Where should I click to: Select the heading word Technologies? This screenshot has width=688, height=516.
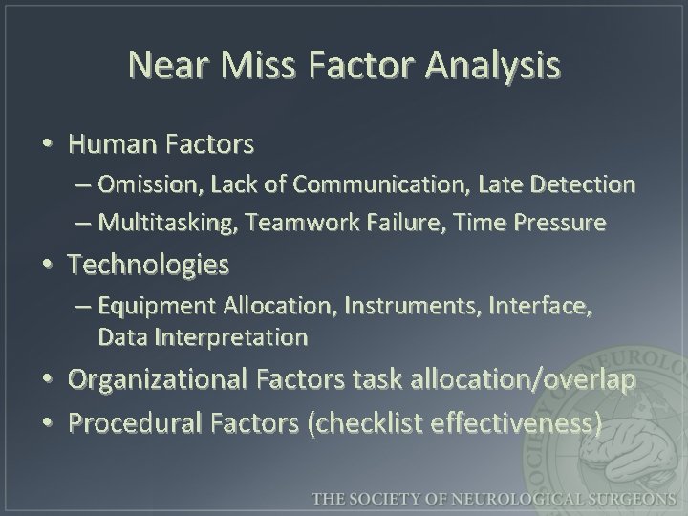(x=148, y=265)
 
